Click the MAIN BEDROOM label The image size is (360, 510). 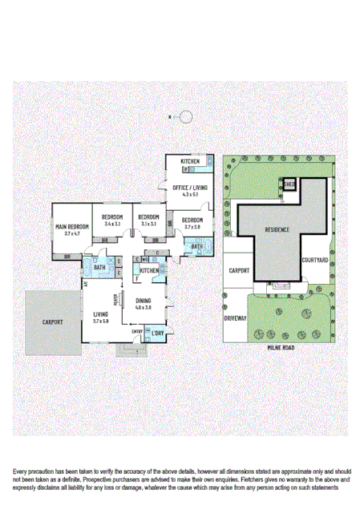click(72, 227)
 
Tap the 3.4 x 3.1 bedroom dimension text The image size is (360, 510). click(112, 224)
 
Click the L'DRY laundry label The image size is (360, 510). click(159, 332)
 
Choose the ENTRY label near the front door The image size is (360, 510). click(137, 331)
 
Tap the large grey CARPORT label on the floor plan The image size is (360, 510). click(53, 322)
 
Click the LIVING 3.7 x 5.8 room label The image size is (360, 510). click(100, 314)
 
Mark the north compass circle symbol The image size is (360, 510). click(186, 116)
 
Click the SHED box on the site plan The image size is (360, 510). click(288, 184)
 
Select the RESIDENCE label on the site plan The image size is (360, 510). click(277, 229)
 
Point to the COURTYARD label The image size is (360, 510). click(314, 260)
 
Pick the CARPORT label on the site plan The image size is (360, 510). click(239, 272)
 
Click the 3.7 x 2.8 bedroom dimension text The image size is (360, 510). click(192, 227)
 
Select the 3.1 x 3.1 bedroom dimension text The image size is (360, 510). click(148, 224)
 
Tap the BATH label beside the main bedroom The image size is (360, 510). click(99, 267)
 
